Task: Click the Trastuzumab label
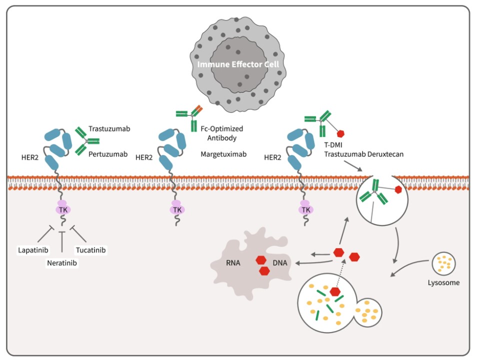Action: (x=109, y=128)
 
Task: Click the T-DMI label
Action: (x=333, y=145)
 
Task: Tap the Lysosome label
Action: (x=443, y=282)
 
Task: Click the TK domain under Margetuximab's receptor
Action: (x=177, y=210)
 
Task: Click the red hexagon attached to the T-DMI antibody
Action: (x=342, y=133)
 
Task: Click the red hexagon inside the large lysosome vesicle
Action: (x=334, y=292)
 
